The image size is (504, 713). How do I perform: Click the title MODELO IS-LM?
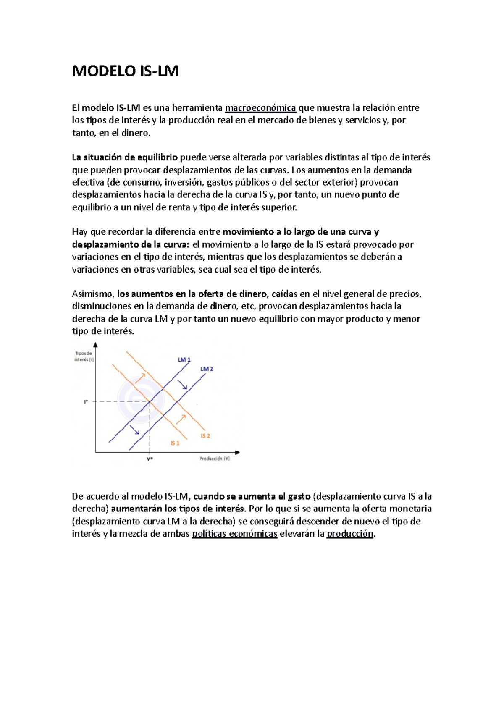click(x=125, y=71)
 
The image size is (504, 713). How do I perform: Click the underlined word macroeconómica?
click(x=260, y=108)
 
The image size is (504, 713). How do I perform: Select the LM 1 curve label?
click(x=184, y=359)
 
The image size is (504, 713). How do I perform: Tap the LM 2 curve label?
click(x=207, y=369)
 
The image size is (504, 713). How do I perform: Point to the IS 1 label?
click(x=175, y=443)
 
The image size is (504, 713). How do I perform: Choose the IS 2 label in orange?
click(x=205, y=436)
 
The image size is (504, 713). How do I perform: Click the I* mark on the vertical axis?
click(x=86, y=402)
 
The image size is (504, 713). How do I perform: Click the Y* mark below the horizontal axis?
click(x=150, y=459)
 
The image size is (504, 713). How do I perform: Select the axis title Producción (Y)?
click(x=215, y=459)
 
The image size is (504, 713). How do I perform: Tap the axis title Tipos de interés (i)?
click(x=84, y=356)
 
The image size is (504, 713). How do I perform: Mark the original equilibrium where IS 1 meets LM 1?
click(x=150, y=402)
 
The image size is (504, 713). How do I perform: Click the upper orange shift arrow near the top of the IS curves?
click(x=140, y=378)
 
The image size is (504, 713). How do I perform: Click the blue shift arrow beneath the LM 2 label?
click(x=183, y=385)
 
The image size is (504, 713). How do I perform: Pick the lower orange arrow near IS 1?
click(x=181, y=419)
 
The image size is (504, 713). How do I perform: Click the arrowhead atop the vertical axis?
click(x=96, y=345)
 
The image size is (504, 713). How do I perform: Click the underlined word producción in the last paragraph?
click(x=350, y=534)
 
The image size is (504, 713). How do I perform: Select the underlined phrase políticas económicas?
click(x=234, y=534)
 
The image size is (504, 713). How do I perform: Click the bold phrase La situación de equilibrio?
click(x=125, y=157)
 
